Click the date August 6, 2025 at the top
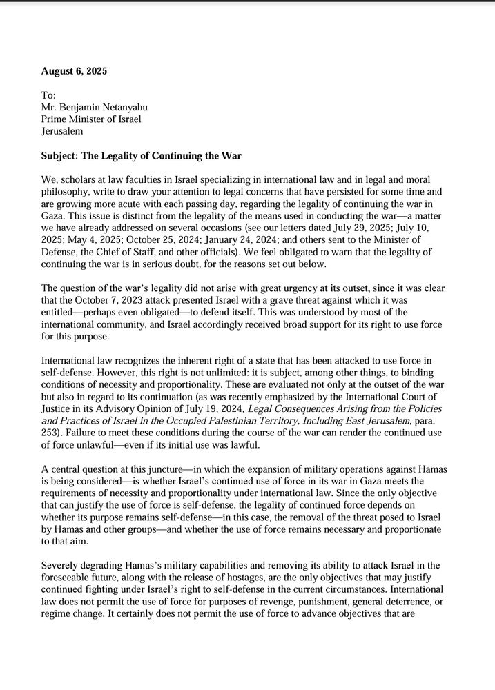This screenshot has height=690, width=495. click(x=74, y=71)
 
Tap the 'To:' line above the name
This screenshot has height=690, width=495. click(x=48, y=95)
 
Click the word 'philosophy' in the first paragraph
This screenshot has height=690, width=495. click(x=66, y=191)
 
